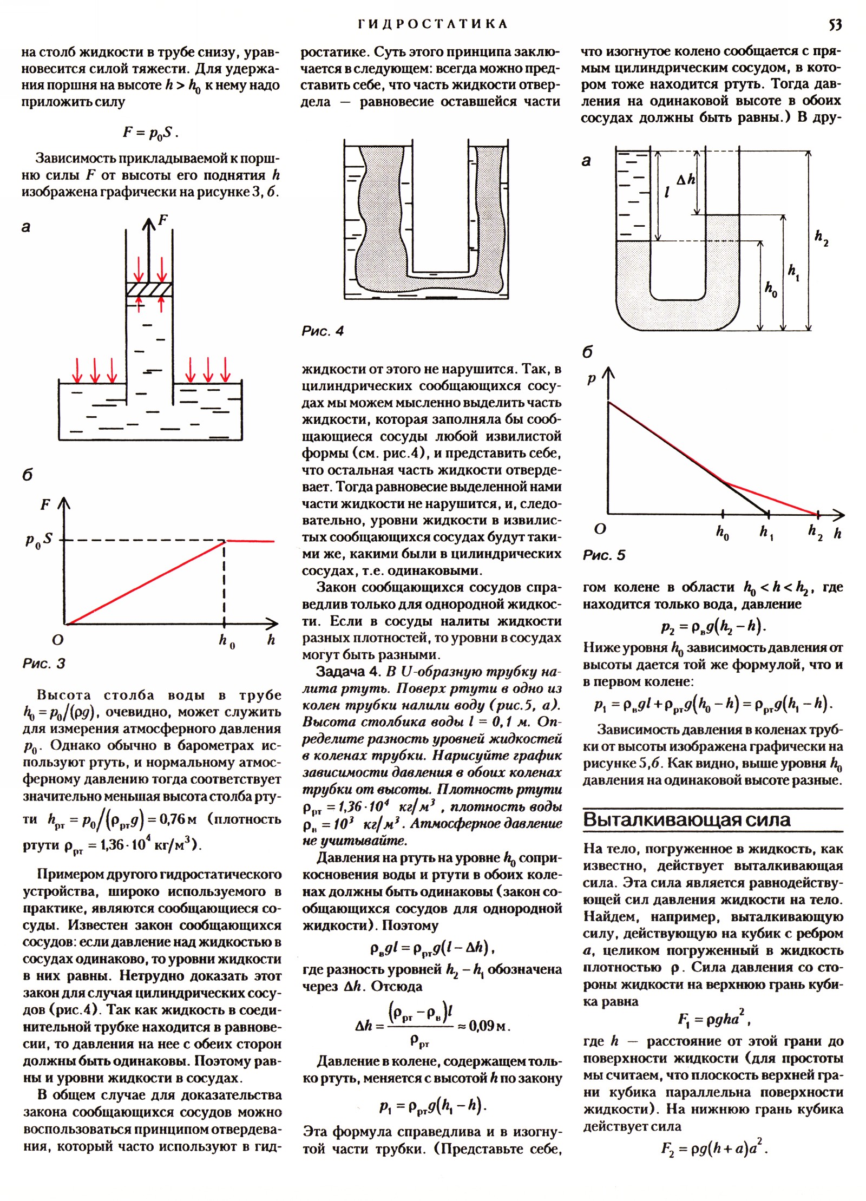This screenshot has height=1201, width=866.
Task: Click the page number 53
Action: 835,24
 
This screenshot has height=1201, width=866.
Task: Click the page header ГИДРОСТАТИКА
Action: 432,24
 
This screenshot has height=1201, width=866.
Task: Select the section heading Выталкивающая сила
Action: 687,820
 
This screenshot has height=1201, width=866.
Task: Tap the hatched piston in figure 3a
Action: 149,289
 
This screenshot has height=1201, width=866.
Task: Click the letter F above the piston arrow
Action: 162,220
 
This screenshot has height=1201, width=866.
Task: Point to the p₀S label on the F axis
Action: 39,540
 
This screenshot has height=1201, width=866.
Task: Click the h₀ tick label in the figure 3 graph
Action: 227,641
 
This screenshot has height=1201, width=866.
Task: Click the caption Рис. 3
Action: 44,664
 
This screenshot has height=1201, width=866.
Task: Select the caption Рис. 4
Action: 323,331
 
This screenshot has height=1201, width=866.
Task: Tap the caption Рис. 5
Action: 603,555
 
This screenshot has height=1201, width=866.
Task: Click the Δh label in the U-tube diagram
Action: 685,180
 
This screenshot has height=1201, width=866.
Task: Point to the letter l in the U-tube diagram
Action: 667,192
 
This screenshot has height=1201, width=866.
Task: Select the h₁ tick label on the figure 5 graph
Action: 766,533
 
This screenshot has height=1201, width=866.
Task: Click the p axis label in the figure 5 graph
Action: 592,379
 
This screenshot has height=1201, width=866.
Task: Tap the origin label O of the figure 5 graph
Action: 600,529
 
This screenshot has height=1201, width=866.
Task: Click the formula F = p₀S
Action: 150,133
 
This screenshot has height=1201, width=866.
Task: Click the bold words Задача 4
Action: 349,672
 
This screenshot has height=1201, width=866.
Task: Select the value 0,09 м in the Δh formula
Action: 489,1025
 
